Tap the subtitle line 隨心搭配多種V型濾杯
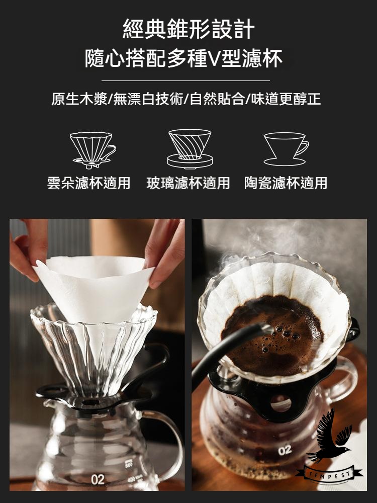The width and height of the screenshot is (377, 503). point(183,59)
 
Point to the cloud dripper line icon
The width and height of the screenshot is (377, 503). point(92,150)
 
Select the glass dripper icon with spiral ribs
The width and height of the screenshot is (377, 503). point(190,148)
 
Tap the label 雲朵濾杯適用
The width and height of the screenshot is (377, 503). point(89,183)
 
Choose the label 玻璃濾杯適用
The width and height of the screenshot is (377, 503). point(188,183)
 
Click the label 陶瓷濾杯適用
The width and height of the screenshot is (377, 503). point(286,183)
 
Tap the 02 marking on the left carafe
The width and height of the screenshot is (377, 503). point(98,479)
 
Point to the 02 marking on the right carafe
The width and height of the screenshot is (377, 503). point(285,450)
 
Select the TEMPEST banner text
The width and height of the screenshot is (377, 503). point(330,474)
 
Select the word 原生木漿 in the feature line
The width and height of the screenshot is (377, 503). point(79,99)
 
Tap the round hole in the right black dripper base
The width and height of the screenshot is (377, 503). point(281,403)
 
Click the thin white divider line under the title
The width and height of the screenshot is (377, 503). point(185,80)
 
